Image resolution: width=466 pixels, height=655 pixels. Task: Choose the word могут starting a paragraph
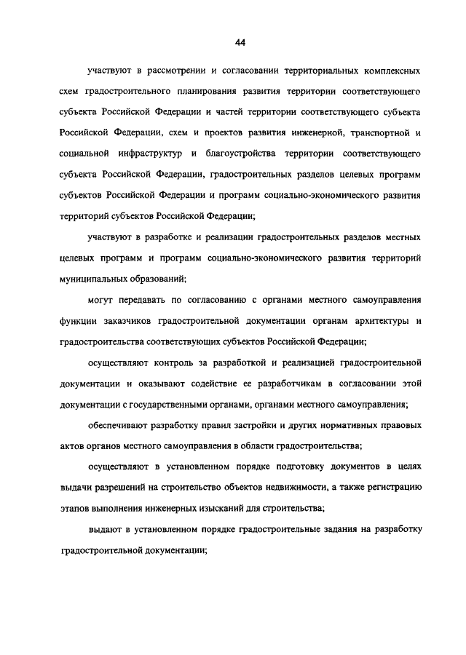100,299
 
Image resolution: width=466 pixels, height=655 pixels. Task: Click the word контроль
162,361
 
